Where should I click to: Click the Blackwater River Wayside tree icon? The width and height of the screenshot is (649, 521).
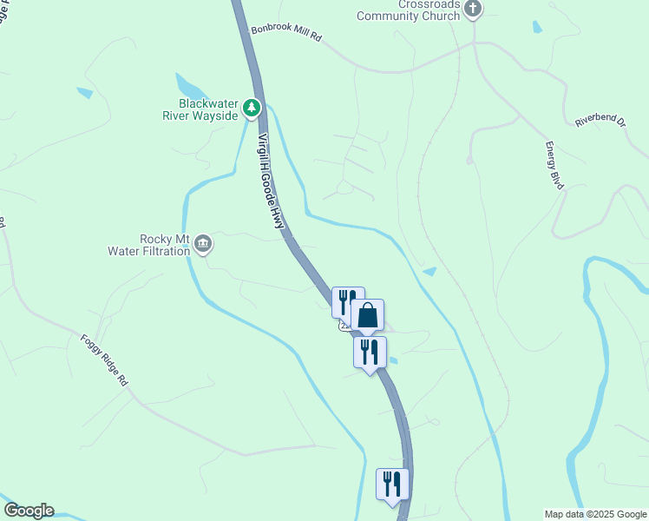tap(252, 108)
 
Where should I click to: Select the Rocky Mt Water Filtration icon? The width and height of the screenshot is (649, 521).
tap(203, 244)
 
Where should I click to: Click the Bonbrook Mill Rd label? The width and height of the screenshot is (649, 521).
tap(286, 34)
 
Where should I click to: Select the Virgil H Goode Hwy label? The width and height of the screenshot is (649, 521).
tap(271, 181)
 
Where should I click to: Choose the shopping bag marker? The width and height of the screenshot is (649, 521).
tap(368, 315)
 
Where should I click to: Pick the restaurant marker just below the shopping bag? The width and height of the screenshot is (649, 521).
tap(370, 353)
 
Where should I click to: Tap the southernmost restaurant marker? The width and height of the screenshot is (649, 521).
tap(392, 484)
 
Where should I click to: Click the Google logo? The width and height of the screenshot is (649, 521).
tap(29, 511)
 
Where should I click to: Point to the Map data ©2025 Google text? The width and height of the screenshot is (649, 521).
tap(595, 514)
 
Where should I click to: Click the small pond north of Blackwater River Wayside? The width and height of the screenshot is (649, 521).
tap(190, 87)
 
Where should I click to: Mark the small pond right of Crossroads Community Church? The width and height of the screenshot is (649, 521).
tap(537, 26)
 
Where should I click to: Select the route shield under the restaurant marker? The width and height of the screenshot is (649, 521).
tap(344, 326)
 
